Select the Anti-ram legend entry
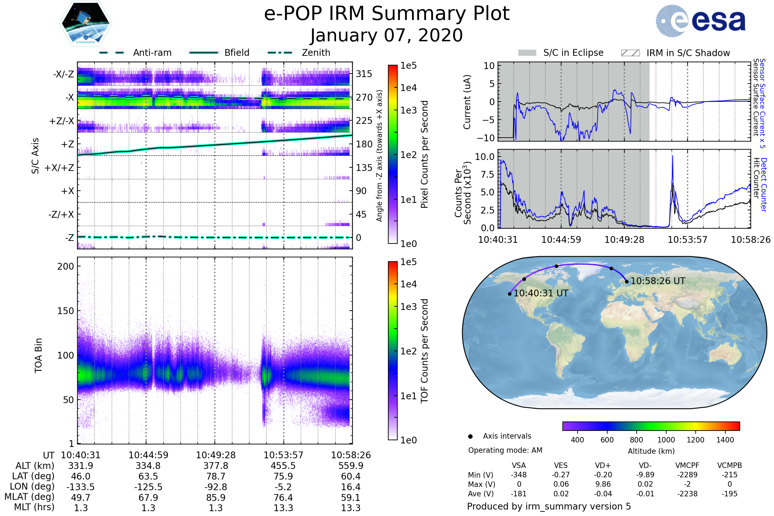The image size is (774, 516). pyautogui.click(x=152, y=53)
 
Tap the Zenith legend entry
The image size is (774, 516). pyautogui.click(x=316, y=53)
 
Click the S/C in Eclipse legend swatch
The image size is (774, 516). pyautogui.click(x=527, y=53)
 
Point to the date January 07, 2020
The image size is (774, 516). pyautogui.click(x=387, y=35)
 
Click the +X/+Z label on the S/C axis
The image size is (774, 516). pyautogui.click(x=59, y=168)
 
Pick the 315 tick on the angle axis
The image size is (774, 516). pyautogui.click(x=364, y=74)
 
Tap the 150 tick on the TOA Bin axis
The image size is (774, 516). pyautogui.click(x=65, y=311)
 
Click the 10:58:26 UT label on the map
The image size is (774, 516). pyautogui.click(x=658, y=281)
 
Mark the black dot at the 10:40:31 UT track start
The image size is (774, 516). pyautogui.click(x=510, y=294)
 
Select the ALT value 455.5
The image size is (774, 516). pyautogui.click(x=283, y=466)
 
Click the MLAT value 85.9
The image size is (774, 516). pyautogui.click(x=215, y=498)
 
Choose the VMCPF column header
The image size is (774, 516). pyautogui.click(x=687, y=465)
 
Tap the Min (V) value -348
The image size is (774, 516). pyautogui.click(x=519, y=475)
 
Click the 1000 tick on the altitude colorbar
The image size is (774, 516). pyautogui.click(x=666, y=440)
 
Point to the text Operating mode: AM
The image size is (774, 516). pyautogui.click(x=505, y=450)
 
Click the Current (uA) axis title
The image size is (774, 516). pyautogui.click(x=467, y=102)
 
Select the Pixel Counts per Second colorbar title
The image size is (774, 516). pyautogui.click(x=424, y=154)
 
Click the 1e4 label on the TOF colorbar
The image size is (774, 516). pyautogui.click(x=408, y=284)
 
